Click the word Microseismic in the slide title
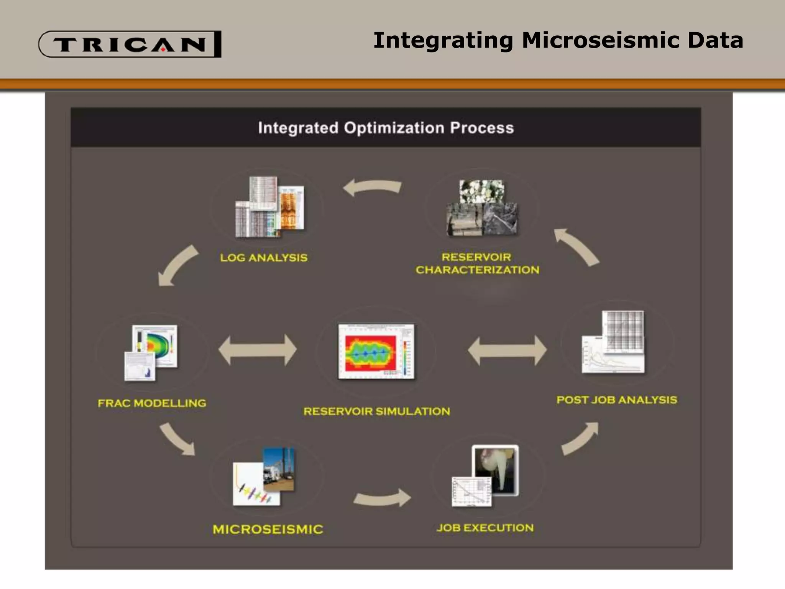click(x=601, y=41)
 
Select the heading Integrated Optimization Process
click(x=386, y=128)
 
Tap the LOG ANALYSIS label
click(x=264, y=258)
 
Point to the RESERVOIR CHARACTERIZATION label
click(x=477, y=263)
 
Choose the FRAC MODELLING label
click(x=152, y=403)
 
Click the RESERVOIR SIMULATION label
click(x=376, y=411)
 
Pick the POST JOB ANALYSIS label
click(x=616, y=400)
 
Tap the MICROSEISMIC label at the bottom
click(x=268, y=529)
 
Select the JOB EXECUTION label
click(x=485, y=528)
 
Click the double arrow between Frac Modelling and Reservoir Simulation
click(x=258, y=350)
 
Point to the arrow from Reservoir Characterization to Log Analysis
click(x=372, y=188)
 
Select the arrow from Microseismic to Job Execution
click(x=382, y=499)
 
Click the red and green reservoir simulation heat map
click(x=370, y=353)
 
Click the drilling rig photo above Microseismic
click(x=279, y=469)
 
